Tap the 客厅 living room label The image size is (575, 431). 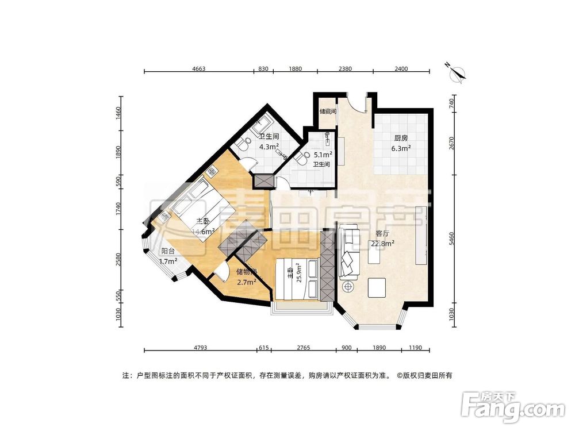point(382,234)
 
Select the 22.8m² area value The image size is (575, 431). point(381,244)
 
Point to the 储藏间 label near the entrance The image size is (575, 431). point(328,111)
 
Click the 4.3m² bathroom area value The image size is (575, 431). point(269,147)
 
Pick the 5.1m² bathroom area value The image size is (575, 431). point(322,155)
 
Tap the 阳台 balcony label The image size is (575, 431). point(168,251)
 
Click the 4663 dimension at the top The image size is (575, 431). point(198,69)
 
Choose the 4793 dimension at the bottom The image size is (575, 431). point(199,348)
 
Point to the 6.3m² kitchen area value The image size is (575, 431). point(401,148)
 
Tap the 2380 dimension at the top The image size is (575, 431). point(344,69)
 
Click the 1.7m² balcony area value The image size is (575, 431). point(168,261)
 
